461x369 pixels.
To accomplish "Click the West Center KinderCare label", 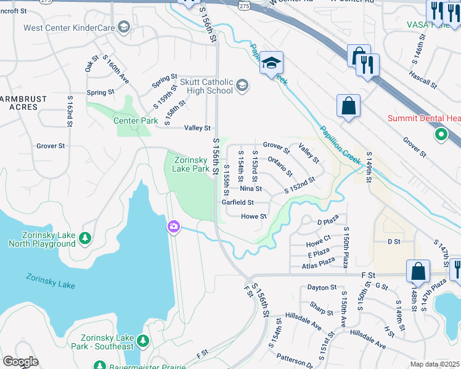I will click(69, 28).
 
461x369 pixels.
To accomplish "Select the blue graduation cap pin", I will click(271, 63).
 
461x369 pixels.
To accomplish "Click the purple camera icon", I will click(174, 228).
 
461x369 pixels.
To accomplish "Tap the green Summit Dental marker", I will click(441, 133).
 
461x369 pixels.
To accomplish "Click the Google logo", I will click(20, 362).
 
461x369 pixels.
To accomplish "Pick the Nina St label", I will click(251, 189).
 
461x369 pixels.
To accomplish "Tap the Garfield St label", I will click(238, 202).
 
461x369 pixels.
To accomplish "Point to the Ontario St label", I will click(280, 166).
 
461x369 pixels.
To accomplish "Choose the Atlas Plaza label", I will click(319, 266).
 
